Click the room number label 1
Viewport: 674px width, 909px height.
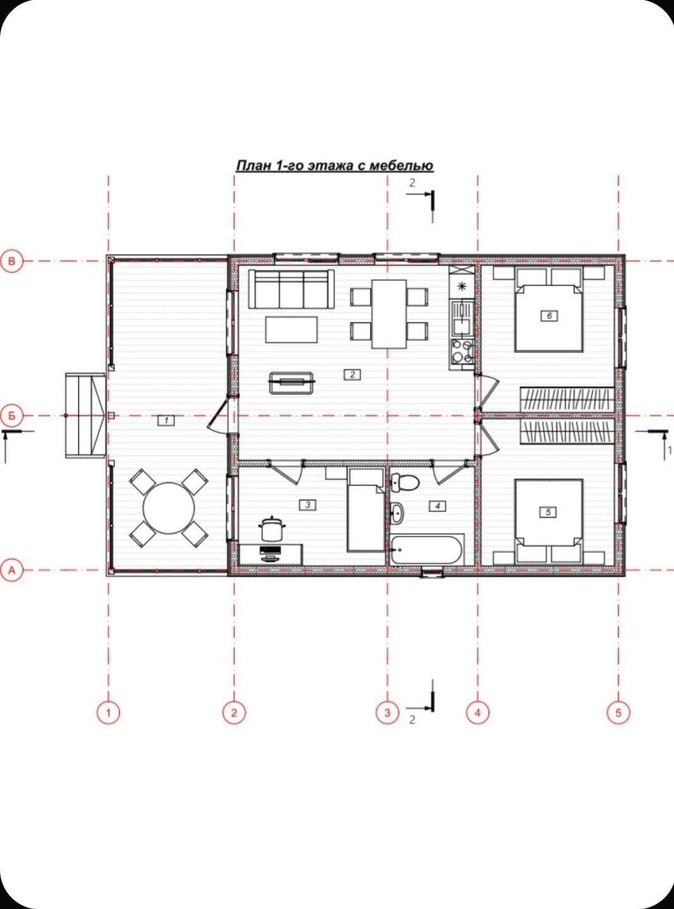[166, 420]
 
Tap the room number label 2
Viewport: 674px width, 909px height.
[353, 374]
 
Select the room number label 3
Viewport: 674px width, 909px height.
[307, 505]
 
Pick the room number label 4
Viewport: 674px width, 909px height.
[438, 506]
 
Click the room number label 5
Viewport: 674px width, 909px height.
[549, 512]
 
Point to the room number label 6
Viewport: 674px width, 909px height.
[549, 315]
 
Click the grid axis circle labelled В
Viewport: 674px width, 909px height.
[11, 261]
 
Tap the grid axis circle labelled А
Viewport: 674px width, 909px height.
[11, 570]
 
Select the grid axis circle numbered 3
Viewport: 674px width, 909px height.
[388, 712]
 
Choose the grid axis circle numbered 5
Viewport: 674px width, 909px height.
[618, 712]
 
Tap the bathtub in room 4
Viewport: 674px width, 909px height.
[427, 549]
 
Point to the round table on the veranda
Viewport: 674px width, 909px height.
[168, 508]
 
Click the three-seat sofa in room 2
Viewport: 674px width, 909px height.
[291, 289]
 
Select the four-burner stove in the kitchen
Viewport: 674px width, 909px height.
[462, 351]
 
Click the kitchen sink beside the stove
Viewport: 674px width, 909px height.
[462, 317]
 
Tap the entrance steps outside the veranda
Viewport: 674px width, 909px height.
[86, 415]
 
